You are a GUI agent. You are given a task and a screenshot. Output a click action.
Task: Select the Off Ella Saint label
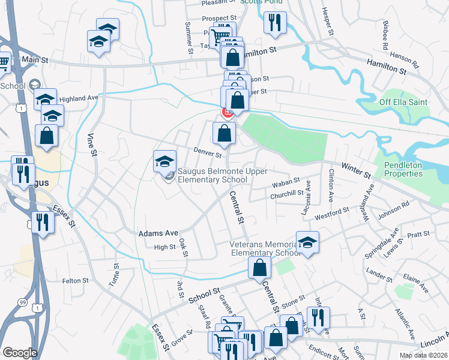pyautogui.click(x=403, y=102)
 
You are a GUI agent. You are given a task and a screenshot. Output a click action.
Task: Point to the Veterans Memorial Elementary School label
pyautogui.click(x=263, y=248)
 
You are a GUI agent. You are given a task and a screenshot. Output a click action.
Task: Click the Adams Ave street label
pyautogui.click(x=158, y=233)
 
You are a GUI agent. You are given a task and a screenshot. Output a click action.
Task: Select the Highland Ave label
pyautogui.click(x=79, y=98)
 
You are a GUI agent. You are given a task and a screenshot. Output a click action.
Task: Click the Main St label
pyautogui.click(x=34, y=60)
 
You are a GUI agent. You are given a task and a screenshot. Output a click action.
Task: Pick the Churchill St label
pyautogui.click(x=287, y=194)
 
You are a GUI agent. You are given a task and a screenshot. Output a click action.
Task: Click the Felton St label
pyautogui.click(x=76, y=280)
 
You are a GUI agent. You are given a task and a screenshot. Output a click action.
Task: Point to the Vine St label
pyautogui.click(x=93, y=145)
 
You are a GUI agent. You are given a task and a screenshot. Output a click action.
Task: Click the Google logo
pyautogui.click(x=20, y=353)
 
